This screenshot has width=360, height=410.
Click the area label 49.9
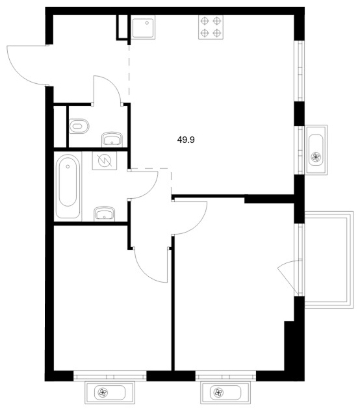click(186, 140)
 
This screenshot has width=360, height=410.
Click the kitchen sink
click(143, 27)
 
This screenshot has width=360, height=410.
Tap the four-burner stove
click(211, 27)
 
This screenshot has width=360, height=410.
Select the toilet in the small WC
click(79, 126)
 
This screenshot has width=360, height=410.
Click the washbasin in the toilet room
click(112, 139)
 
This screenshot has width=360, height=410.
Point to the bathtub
click(68, 186)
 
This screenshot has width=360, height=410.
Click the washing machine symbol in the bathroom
click(105, 160)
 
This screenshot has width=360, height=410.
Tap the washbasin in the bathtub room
click(105, 213)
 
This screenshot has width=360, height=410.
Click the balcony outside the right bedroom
click(329, 260)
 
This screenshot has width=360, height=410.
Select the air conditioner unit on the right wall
click(316, 150)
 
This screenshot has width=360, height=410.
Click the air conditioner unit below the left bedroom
click(110, 392)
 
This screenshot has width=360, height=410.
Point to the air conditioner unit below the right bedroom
click(225, 392)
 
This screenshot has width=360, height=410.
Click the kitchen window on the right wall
click(300, 71)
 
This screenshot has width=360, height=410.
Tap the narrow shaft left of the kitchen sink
click(122, 27)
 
